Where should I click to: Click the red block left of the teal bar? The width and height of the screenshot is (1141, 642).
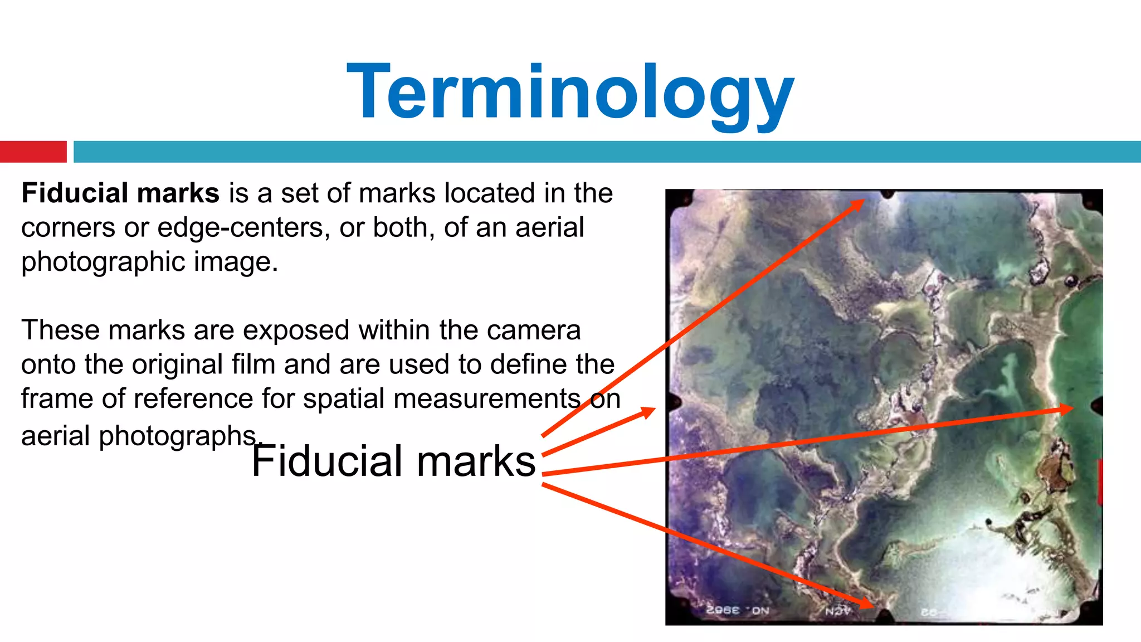(x=33, y=152)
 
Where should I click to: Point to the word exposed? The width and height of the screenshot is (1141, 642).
(x=297, y=330)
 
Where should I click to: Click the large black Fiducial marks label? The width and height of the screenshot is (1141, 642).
(x=393, y=461)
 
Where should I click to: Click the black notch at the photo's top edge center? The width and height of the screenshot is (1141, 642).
(x=888, y=194)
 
